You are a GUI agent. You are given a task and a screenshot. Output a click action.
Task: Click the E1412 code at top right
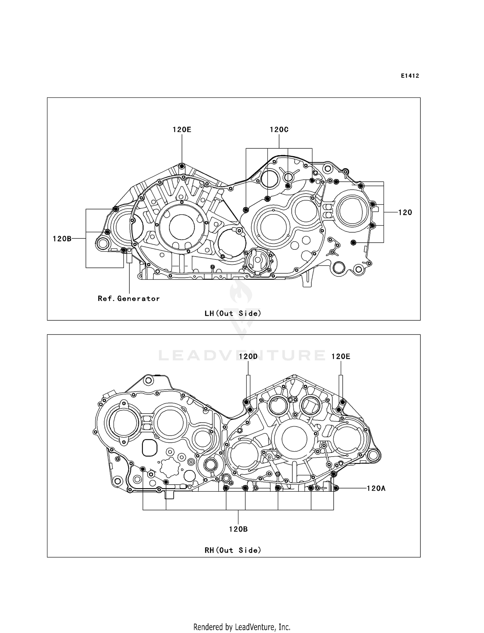pos(410,76)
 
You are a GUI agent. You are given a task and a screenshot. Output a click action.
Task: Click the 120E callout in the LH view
pos(182,130)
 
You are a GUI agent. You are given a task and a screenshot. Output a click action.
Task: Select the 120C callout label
pos(279,130)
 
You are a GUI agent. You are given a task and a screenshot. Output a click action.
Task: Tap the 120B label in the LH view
pos(62,239)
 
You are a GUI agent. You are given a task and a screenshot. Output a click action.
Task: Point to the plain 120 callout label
pos(405,212)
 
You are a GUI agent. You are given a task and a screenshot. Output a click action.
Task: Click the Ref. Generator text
pos(129,299)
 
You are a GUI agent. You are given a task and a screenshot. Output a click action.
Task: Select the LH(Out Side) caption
pos(233,313)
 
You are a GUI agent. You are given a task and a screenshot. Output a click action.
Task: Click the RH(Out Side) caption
pos(233,550)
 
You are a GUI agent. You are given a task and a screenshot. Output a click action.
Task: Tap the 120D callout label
pos(248,357)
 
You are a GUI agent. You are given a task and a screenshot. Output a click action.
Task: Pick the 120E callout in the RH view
pos(341,357)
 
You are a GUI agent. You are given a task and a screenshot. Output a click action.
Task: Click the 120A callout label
pos(376,488)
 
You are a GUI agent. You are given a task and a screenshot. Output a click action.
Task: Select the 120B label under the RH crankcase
pos(238,529)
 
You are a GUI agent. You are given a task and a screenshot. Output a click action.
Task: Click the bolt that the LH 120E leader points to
pos(182,166)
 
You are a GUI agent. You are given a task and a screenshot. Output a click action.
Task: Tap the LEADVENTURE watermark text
pos(242,356)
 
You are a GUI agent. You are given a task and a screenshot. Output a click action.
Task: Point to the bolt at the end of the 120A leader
pos(336,488)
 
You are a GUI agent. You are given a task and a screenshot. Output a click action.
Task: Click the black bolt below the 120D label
pos(247,402)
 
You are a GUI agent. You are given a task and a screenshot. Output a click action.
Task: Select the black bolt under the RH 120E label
pos(342,402)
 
